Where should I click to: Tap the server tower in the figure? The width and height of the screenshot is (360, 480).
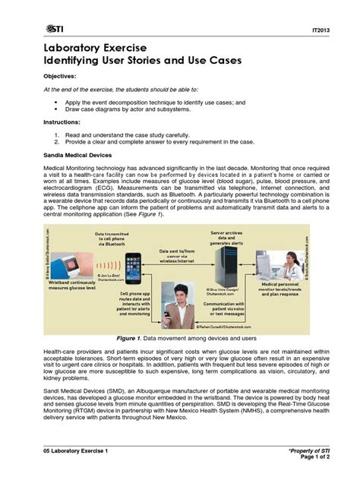click(226, 262)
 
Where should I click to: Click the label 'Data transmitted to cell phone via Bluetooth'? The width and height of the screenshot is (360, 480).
click(109, 241)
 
